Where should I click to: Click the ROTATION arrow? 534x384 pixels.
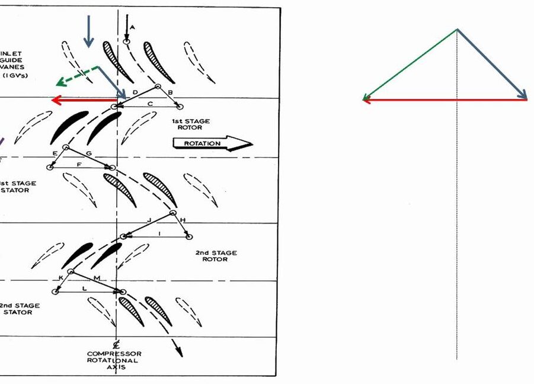[212, 143]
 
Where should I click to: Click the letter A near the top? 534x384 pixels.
[132, 27]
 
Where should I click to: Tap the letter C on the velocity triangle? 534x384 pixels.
[150, 104]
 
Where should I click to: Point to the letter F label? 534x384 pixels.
[79, 164]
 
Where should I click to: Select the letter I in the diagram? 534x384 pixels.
[159, 234]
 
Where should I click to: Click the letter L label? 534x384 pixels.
[85, 288]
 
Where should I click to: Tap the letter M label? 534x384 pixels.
[97, 277]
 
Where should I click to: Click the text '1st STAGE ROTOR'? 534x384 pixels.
[190, 124]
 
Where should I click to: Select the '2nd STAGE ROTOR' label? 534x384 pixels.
[216, 255]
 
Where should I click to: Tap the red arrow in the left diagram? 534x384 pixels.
[83, 100]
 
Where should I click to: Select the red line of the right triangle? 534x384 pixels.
[445, 100]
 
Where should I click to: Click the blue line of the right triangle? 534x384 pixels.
[492, 63]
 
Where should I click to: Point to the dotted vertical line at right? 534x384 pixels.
[457, 237]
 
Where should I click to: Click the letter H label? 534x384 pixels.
[183, 220]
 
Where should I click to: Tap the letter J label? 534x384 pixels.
[149, 220]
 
